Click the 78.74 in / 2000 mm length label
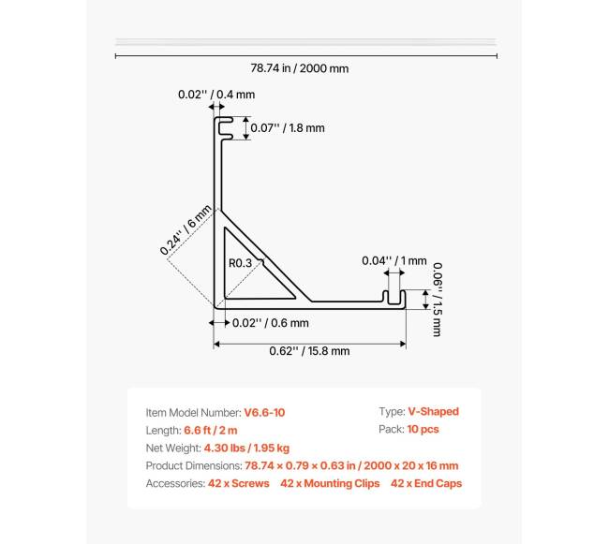pyautogui.click(x=300, y=68)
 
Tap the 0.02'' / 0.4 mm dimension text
pyautogui.click(x=216, y=95)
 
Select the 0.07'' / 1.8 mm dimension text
pyautogui.click(x=287, y=128)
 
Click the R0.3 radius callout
pyautogui.click(x=241, y=263)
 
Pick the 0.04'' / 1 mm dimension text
pyautogui.click(x=394, y=261)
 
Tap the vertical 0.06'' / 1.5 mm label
pyautogui.click(x=437, y=298)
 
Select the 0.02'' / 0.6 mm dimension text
pyautogui.click(x=271, y=323)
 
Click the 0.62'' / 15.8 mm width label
pyautogui.click(x=309, y=351)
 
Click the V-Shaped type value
pyautogui.click(x=433, y=412)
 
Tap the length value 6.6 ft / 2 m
pyautogui.click(x=212, y=430)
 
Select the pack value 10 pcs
pyautogui.click(x=423, y=430)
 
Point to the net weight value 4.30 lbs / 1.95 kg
pyautogui.click(x=246, y=448)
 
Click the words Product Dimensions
pyautogui.click(x=193, y=465)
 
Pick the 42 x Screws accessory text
pyautogui.click(x=238, y=483)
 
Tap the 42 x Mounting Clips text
pyautogui.click(x=330, y=483)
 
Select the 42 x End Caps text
pyautogui.click(x=426, y=483)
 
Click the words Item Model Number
pyautogui.click(x=192, y=412)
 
